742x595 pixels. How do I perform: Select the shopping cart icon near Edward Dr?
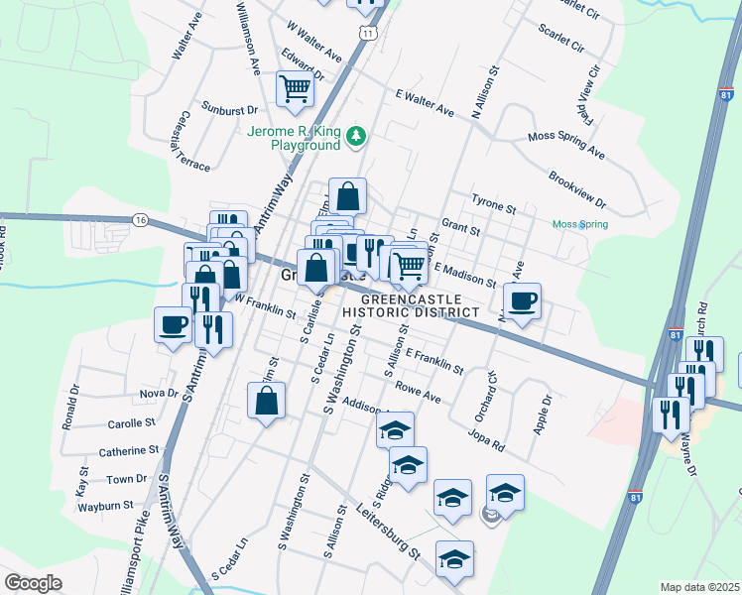296,89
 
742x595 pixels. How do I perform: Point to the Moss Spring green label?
580,224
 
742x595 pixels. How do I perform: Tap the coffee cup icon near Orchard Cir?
522,299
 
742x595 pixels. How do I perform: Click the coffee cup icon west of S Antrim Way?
173,323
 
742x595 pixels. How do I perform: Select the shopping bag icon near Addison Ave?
266,402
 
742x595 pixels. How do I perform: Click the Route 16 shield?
140,219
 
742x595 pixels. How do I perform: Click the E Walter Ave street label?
424,103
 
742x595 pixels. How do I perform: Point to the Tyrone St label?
494,203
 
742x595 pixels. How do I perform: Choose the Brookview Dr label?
576,189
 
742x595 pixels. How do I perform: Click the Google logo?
33,583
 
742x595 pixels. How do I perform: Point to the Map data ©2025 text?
699,587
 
